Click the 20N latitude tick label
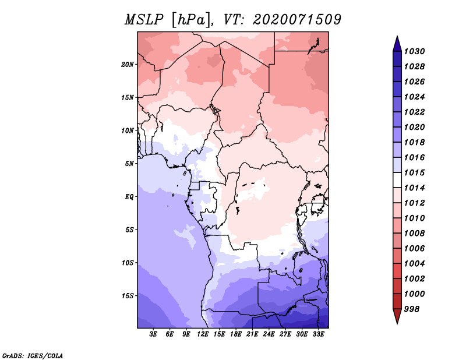[128, 65]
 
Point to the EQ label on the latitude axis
[129, 197]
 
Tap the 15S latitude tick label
[128, 296]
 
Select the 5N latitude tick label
[129, 164]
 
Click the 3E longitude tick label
[153, 334]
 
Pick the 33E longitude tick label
[318, 334]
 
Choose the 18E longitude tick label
[236, 334]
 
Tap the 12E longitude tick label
[203, 334]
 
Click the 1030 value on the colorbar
[414, 51]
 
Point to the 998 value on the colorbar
[412, 309]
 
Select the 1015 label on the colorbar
[414, 172]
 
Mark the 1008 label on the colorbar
[414, 234]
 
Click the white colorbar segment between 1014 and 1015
[397, 180]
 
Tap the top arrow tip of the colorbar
[397, 36]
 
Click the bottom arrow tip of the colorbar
[397, 324]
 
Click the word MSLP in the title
[144, 20]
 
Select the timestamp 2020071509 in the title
[297, 20]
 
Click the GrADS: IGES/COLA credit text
[33, 356]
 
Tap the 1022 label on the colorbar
[414, 112]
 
